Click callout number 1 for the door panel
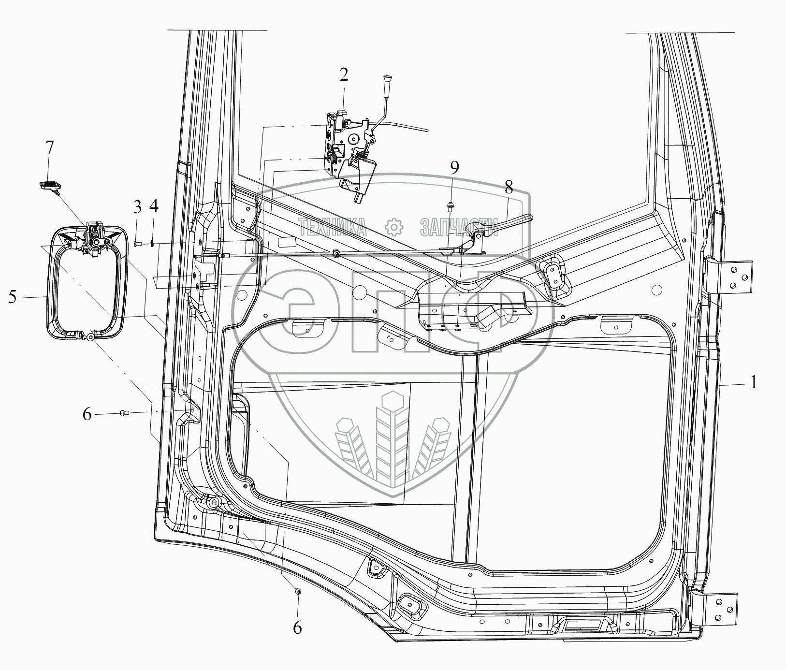[753, 383]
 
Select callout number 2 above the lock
[343, 75]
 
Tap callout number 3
[138, 208]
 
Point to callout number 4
[153, 208]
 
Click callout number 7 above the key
[50, 147]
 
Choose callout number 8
[508, 188]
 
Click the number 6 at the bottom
[297, 627]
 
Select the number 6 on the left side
[87, 414]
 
